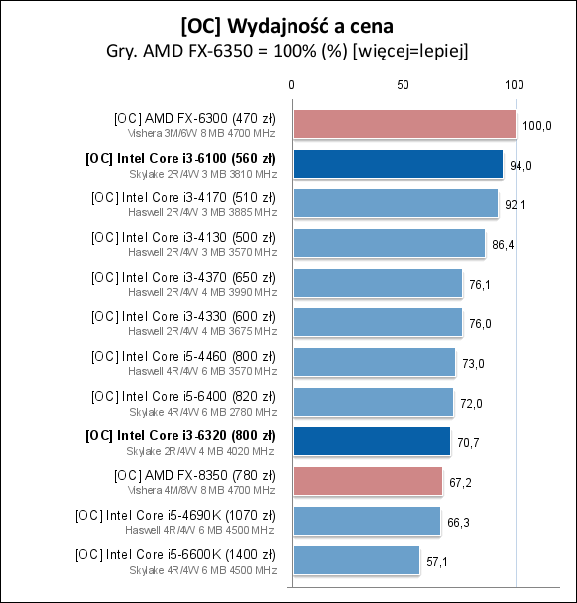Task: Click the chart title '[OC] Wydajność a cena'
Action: point(288,23)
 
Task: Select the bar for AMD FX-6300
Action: point(404,124)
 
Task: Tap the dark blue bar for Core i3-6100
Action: point(397,164)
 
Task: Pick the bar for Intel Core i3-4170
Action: point(395,203)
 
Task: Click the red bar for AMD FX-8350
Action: point(367,481)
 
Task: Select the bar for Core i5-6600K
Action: point(355,560)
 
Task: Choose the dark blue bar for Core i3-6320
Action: point(371,441)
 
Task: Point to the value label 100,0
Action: point(537,125)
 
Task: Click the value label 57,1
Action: point(439,561)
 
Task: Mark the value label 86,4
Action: point(505,244)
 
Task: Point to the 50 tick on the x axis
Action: point(404,85)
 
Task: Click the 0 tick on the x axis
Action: point(291,85)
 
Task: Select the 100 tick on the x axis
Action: point(515,85)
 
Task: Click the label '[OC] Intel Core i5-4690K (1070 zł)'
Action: point(175,515)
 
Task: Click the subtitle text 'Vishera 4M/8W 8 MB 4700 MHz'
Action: point(202,489)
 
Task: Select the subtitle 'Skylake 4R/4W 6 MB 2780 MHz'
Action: point(202,410)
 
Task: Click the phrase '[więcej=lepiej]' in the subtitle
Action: point(420,49)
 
